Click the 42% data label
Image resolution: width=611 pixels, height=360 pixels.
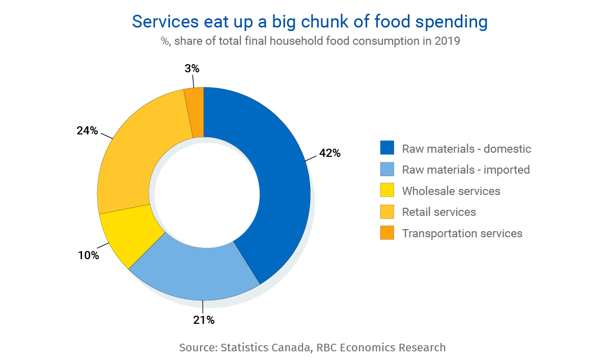coord(329,153)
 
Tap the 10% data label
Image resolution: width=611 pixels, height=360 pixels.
coord(88,256)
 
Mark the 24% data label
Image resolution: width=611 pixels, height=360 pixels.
coord(87,130)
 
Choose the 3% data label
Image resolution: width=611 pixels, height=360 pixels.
coord(191,68)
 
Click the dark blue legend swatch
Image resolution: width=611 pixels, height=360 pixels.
coord(387,148)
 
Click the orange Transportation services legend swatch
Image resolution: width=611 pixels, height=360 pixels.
coord(387,233)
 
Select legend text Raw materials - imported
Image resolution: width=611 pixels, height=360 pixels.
coord(466,170)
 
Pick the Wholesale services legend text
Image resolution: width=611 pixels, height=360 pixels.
coord(451,191)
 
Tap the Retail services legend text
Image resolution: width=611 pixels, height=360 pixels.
coord(439,212)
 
